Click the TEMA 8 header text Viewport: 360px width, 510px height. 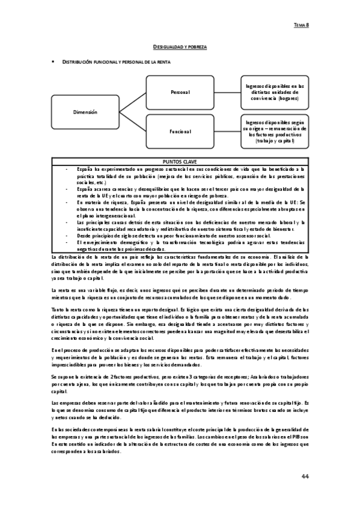(x=301, y=25)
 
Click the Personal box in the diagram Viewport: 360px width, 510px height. (x=180, y=92)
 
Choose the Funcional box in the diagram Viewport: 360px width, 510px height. (x=180, y=132)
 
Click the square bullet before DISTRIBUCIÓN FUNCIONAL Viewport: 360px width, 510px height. (x=54, y=62)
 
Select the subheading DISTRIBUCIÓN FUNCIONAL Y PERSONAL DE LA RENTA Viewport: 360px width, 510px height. (x=114, y=62)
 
